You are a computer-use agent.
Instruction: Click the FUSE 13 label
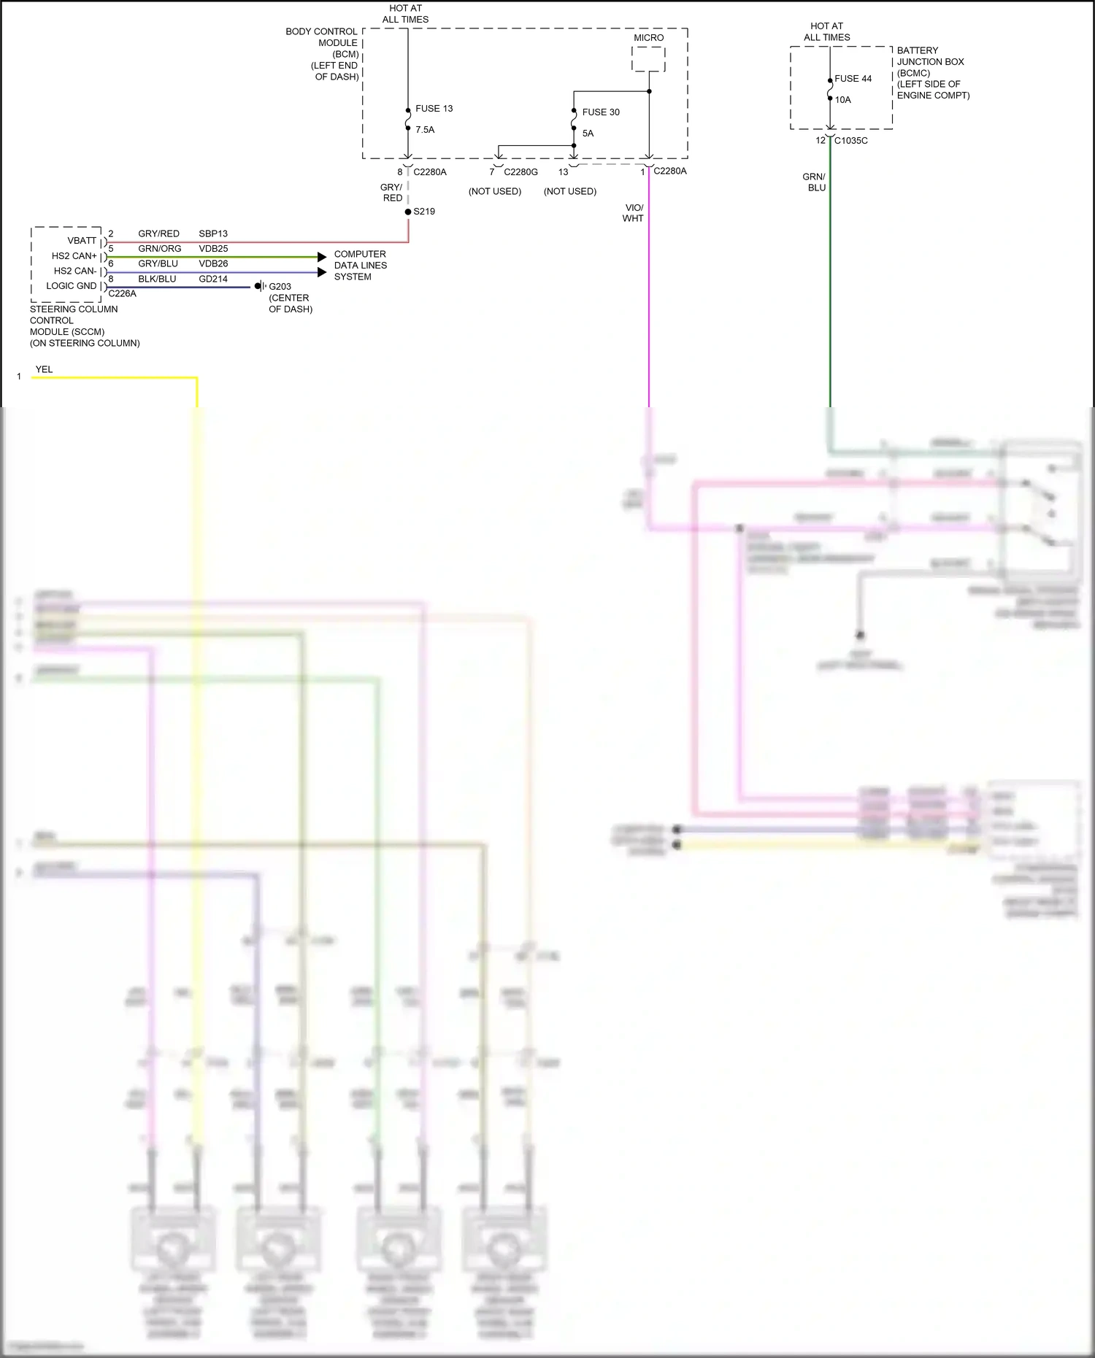point(434,109)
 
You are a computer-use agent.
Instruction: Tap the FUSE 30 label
point(600,112)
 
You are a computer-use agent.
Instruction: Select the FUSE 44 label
point(853,79)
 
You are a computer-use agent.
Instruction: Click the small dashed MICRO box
point(648,59)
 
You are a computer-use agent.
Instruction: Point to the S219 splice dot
point(408,212)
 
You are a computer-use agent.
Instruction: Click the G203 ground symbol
point(259,286)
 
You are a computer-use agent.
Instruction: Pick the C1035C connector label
point(850,141)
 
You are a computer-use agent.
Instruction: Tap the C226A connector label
point(122,293)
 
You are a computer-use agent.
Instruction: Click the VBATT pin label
point(82,241)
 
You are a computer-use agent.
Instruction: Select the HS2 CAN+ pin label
point(74,256)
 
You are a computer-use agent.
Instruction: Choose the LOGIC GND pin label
point(71,286)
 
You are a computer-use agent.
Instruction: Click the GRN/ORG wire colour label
point(159,249)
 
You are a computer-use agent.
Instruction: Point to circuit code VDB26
point(213,263)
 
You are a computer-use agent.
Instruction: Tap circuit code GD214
point(213,279)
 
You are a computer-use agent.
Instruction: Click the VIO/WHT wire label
point(634,213)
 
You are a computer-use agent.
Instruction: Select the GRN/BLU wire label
point(814,182)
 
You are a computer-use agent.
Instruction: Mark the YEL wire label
point(44,369)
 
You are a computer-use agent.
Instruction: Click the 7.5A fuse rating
point(425,130)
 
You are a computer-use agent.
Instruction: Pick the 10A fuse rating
point(842,100)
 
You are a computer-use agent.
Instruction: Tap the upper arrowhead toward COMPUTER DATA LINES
point(322,257)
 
